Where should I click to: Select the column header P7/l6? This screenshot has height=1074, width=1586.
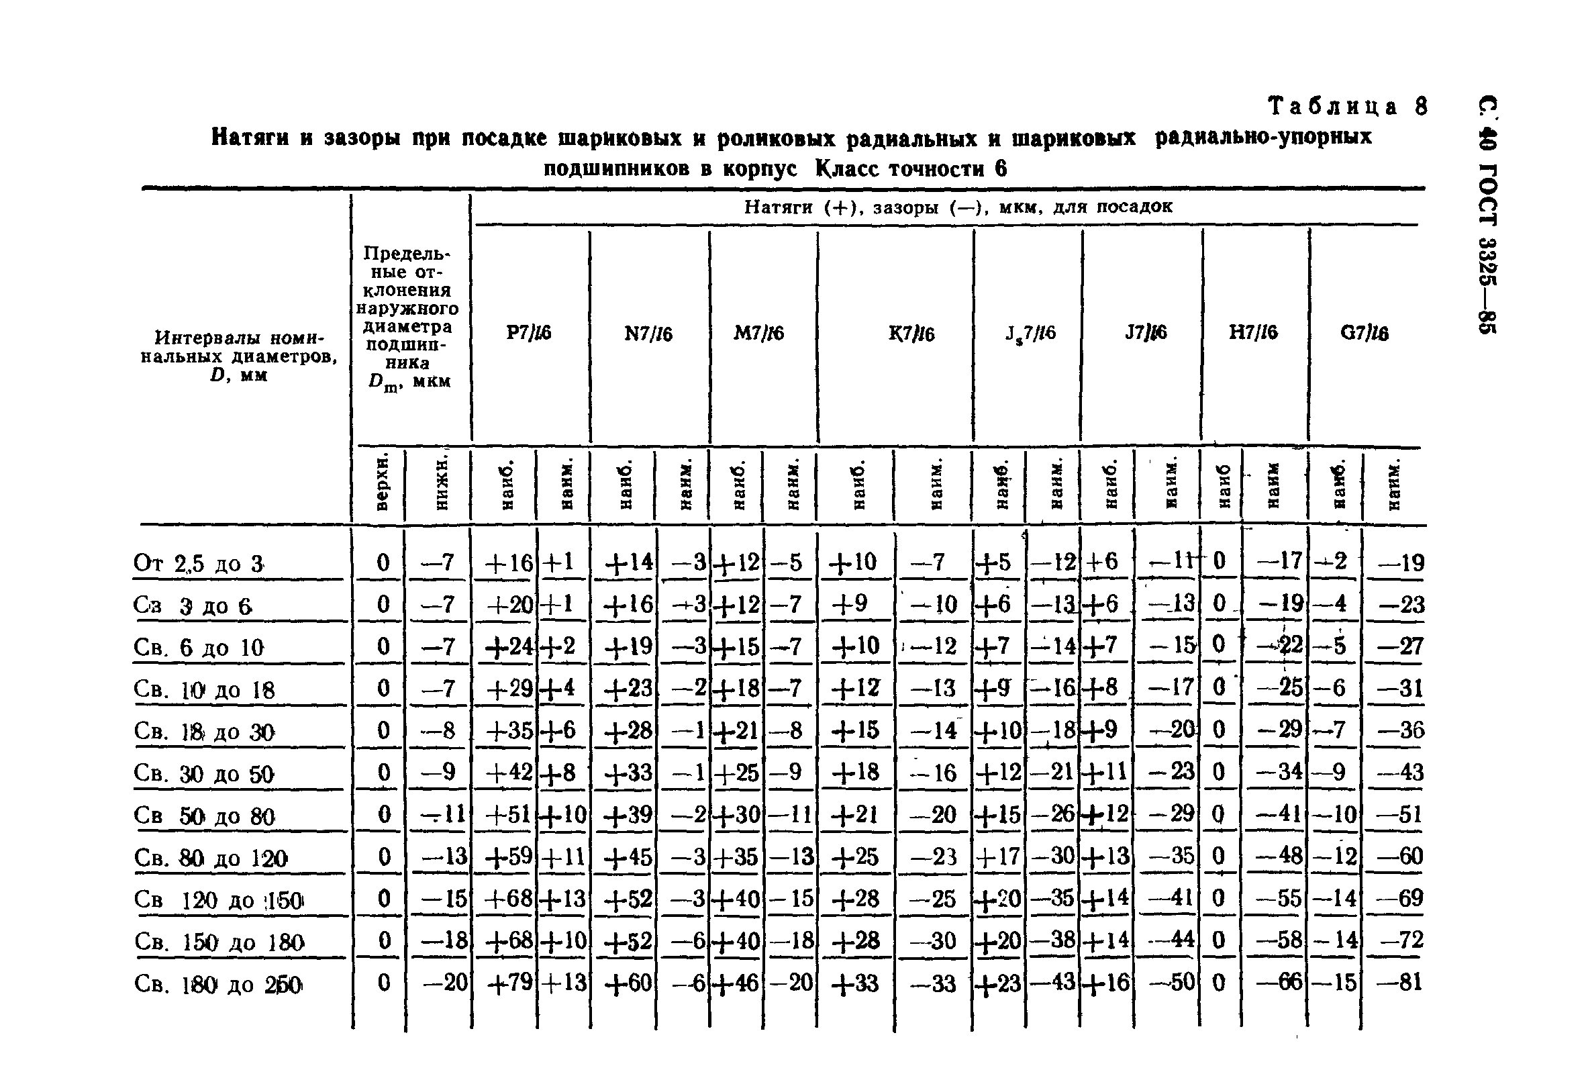click(528, 333)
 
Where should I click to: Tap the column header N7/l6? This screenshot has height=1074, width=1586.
click(648, 334)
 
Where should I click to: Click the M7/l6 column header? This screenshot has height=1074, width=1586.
click(758, 333)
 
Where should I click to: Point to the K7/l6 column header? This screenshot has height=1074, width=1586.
click(911, 334)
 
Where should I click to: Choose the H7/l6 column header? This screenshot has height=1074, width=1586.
click(1253, 332)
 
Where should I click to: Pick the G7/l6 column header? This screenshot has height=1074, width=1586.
click(1365, 333)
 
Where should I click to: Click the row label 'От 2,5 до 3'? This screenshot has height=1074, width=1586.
click(199, 564)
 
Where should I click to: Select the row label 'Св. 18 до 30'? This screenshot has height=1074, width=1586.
click(204, 732)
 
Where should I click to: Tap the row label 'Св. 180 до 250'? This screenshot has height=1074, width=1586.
click(217, 984)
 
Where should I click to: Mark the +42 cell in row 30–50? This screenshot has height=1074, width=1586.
click(509, 773)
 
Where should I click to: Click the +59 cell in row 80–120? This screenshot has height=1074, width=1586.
click(509, 857)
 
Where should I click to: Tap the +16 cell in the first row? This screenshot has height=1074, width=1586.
click(509, 563)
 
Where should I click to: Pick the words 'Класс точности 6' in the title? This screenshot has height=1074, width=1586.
click(911, 168)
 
